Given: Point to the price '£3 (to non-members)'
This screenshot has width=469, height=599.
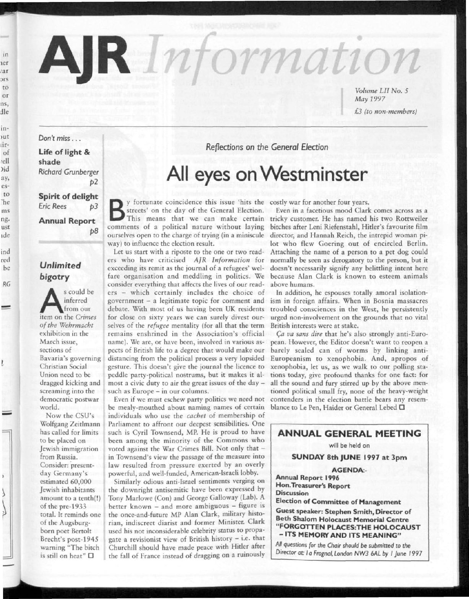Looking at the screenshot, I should [x=385, y=112].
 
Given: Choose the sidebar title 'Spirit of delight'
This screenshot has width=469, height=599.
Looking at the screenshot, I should [x=68, y=196].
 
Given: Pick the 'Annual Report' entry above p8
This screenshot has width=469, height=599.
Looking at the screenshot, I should [x=67, y=221].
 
